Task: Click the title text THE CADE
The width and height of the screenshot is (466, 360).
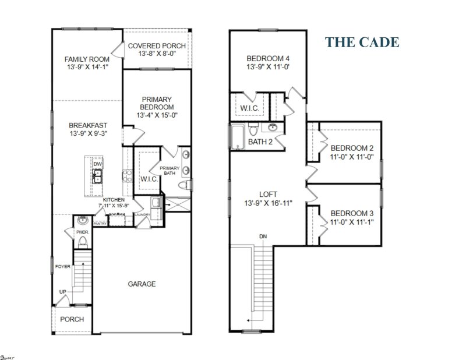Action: coord(362,43)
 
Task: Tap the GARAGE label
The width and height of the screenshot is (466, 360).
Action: coord(142,284)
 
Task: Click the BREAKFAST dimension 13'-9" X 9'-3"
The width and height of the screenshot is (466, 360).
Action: coord(87,133)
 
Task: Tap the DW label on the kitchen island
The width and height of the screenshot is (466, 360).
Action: coord(97,164)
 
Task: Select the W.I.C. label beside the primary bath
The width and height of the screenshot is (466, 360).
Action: coord(149,179)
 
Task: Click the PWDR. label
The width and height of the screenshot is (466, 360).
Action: coord(82,232)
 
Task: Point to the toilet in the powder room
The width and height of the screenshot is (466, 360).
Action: coord(82,242)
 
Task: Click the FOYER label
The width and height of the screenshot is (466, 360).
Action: coord(62,267)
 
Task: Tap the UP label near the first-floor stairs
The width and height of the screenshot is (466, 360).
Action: coord(62,292)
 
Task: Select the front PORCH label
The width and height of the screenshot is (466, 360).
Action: coord(72,319)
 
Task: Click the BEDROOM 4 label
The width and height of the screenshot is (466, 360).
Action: coord(267,58)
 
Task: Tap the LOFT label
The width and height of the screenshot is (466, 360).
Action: coord(268,194)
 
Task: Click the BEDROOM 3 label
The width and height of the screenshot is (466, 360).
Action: coord(352,213)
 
